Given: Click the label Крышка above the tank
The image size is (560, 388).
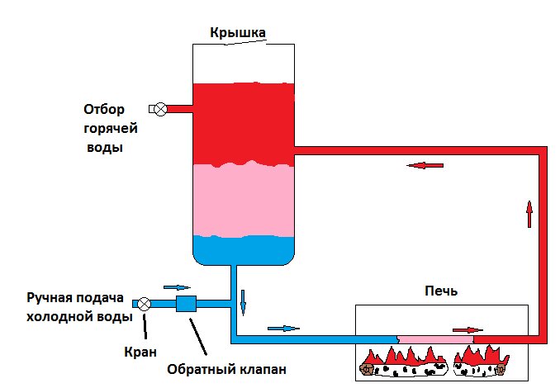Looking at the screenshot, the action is pos(238,32).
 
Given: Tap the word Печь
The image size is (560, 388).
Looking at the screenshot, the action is pos(441,291).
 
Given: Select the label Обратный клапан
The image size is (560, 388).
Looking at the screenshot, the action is pos(227,369).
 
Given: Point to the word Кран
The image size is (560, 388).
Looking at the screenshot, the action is pos(140,353).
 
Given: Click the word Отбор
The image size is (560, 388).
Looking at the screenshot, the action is pos(104,109).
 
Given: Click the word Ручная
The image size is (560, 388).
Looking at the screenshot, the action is pos(48,298).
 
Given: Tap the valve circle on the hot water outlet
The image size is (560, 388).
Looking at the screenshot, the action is pos(161,109).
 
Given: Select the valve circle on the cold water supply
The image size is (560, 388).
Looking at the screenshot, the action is pos(145,304).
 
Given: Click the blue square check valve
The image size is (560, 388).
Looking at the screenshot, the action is pos(186,304).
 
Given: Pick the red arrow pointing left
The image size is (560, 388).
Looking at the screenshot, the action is pos(425,165).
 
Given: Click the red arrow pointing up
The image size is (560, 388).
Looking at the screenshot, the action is pos(529,214).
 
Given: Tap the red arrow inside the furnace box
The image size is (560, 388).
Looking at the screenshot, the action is pos(467,330).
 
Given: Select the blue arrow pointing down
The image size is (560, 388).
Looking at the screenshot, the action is pos(243,303).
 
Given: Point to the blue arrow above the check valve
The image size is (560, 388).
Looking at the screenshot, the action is pos(177,287).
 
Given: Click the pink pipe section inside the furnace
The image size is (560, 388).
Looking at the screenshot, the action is pos(436,339).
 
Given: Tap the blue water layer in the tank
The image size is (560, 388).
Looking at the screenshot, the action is pos(244,251).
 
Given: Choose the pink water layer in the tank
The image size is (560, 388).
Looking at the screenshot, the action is pos(244,200).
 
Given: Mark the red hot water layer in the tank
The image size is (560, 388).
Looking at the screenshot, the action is pos(244,124).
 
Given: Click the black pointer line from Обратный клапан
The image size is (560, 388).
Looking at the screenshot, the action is pos(198,337).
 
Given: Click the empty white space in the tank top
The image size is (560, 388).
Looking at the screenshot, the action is pos(244,64).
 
